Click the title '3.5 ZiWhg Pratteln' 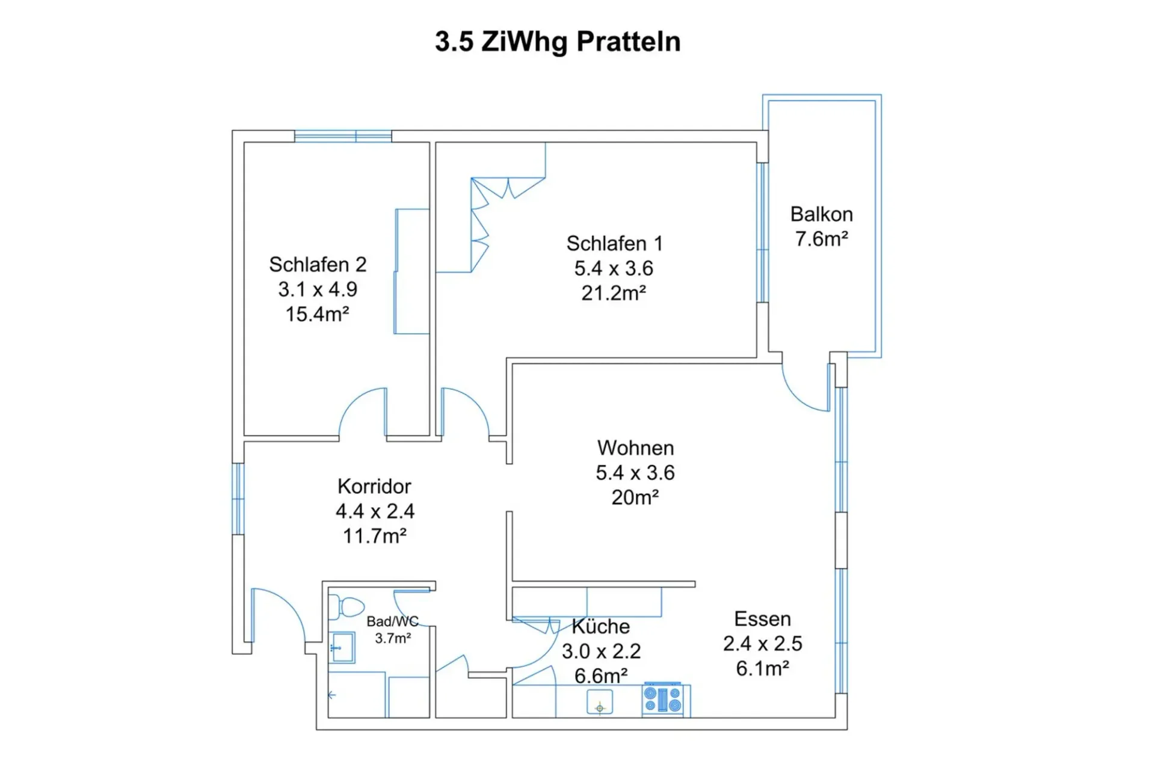[558, 42]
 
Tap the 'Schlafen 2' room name [318, 265]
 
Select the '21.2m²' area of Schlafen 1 [614, 293]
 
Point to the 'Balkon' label [821, 214]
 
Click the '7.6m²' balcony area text [822, 239]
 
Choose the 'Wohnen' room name [635, 448]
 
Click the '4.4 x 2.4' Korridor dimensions [375, 511]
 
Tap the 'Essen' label [762, 619]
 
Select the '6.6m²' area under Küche [601, 676]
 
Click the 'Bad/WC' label [392, 621]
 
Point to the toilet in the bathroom [346, 607]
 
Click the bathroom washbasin [342, 648]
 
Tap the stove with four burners [662, 700]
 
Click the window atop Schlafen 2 [343, 137]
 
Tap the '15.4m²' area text [317, 314]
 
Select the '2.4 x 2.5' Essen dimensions [762, 644]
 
